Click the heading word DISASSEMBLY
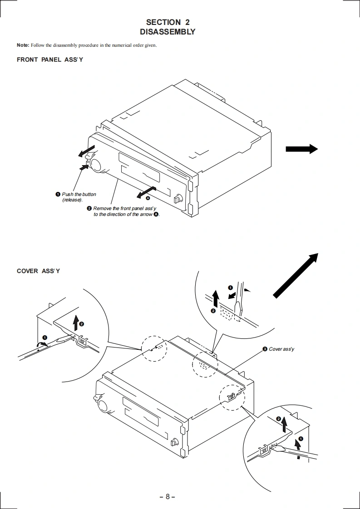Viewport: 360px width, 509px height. (x=168, y=32)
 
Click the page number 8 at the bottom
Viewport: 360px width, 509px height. (x=167, y=496)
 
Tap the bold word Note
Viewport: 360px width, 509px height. (x=23, y=45)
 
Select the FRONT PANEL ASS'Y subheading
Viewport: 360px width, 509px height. (x=50, y=59)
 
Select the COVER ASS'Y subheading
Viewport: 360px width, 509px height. (x=38, y=271)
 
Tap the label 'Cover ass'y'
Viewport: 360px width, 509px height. (x=281, y=349)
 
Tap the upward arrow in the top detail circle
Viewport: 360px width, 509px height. (x=216, y=298)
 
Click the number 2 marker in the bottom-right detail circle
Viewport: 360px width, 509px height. (x=278, y=418)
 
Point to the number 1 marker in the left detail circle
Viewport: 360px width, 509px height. (x=44, y=338)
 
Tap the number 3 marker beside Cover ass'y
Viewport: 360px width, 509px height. (x=265, y=349)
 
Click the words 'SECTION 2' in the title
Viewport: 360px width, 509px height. (x=168, y=22)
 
